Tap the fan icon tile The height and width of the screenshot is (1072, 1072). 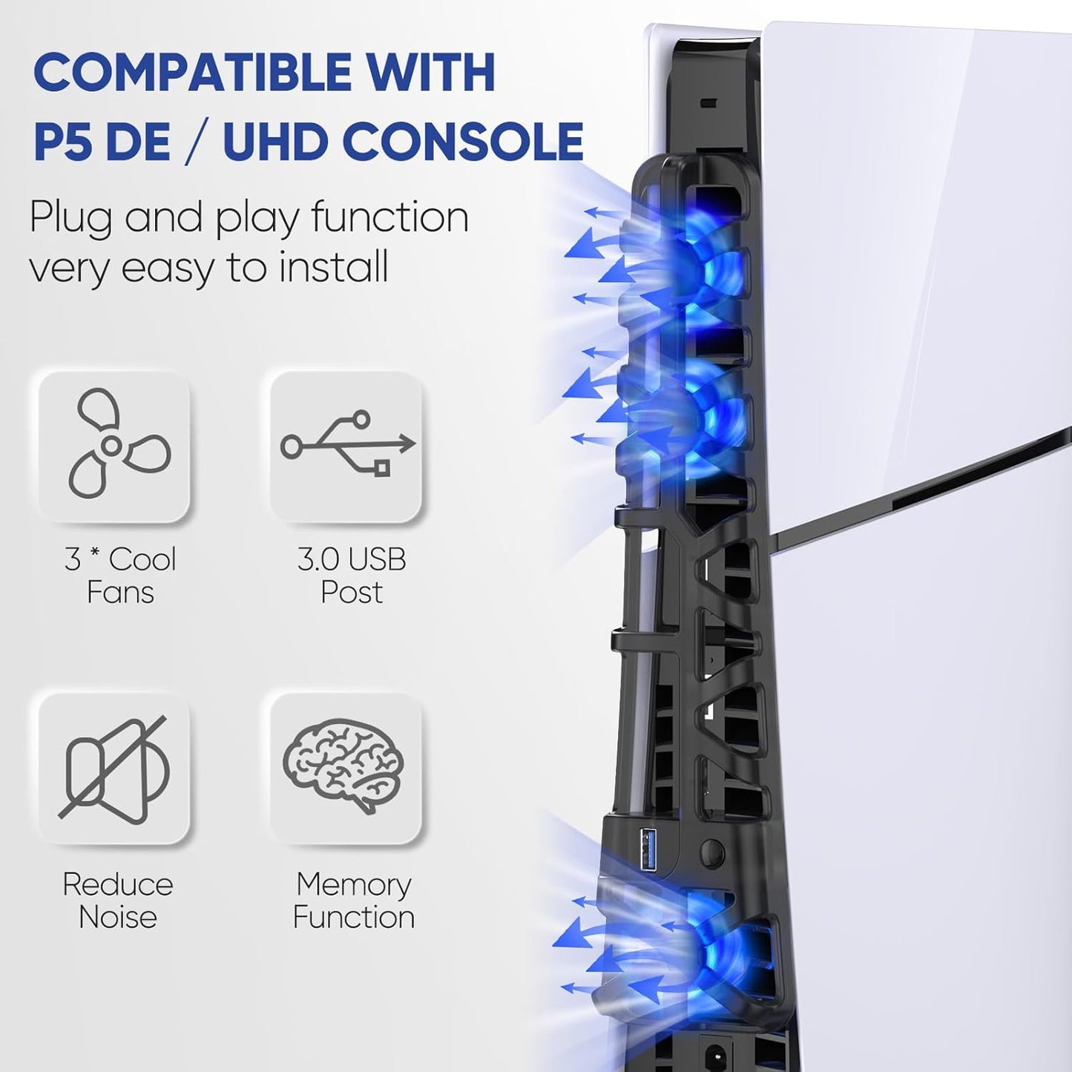coord(115,447)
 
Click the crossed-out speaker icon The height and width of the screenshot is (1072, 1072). coord(115,769)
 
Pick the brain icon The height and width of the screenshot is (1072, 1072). coord(345,766)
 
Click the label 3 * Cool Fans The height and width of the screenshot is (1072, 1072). coord(120,576)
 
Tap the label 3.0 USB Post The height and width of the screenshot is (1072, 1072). coord(352,576)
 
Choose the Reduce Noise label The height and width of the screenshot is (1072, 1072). coord(118,900)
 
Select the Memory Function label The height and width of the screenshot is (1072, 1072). coord(353,900)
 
